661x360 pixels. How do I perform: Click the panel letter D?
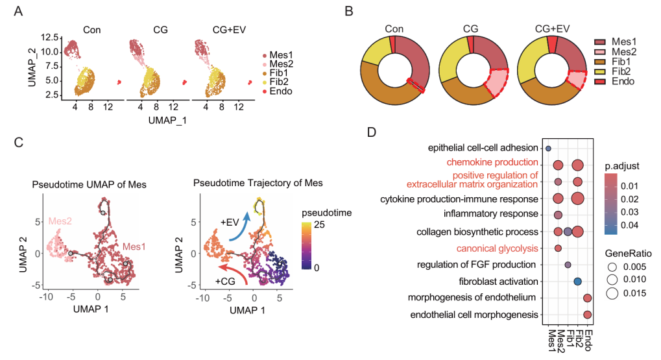[370, 132]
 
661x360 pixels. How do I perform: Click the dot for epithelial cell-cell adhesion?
[548, 148]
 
